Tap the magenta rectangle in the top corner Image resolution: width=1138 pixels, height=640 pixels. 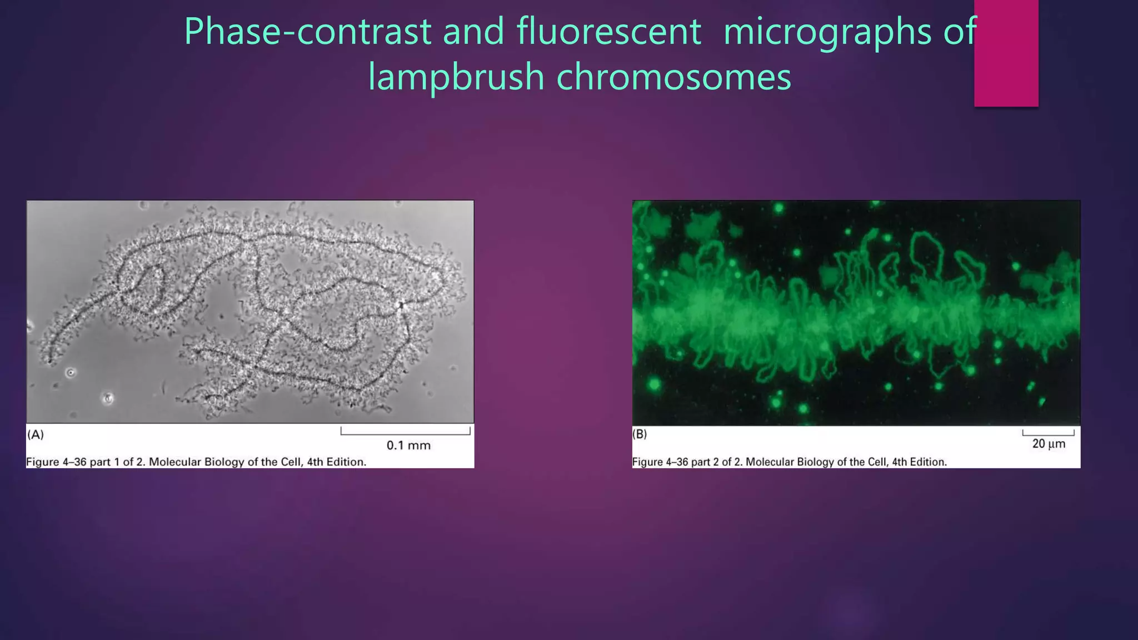1006,53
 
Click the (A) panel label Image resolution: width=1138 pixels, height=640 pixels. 36,434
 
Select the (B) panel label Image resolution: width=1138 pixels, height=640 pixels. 640,434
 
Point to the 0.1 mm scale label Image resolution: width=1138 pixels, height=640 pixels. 408,445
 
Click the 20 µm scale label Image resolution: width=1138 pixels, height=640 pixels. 1049,444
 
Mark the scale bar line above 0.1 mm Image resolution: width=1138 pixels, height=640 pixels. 406,433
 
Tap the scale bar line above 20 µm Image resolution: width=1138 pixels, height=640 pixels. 1048,434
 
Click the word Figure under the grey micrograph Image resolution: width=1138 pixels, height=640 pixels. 43,462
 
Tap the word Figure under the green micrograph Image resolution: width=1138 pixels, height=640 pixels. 648,462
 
